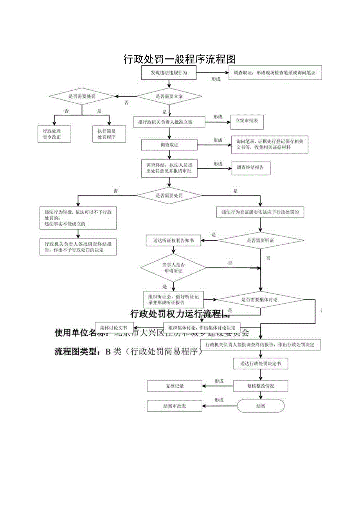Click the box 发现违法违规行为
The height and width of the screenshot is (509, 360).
click(x=169, y=73)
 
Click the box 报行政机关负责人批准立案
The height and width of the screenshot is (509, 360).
click(x=169, y=122)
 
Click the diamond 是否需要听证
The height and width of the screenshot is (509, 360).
click(x=260, y=241)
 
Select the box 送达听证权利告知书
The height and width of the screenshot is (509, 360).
click(x=173, y=241)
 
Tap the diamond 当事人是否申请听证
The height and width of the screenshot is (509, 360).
click(x=173, y=268)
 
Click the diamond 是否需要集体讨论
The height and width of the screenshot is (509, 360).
click(x=260, y=300)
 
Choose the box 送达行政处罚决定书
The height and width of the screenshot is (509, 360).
click(x=261, y=363)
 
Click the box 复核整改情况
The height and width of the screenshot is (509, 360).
click(x=261, y=386)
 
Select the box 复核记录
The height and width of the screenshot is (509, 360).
click(x=175, y=386)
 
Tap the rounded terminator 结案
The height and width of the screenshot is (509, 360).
click(x=261, y=406)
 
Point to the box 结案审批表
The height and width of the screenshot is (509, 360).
click(x=175, y=406)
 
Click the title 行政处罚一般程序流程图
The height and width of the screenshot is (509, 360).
click(x=180, y=59)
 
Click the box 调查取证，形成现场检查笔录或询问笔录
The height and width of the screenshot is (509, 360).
click(x=275, y=73)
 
